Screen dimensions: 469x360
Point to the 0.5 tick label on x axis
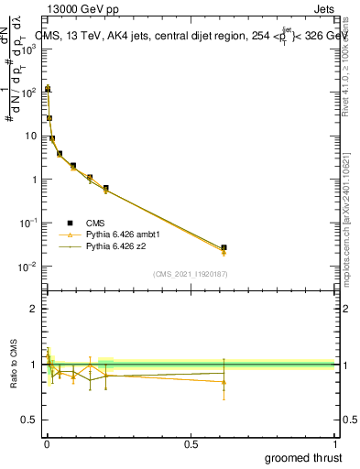[191, 443]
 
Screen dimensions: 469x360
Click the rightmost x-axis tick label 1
[334, 443]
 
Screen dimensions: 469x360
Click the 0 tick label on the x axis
[47, 443]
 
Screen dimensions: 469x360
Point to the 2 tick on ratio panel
[32, 309]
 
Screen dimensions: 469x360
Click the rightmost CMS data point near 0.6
[224, 247]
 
